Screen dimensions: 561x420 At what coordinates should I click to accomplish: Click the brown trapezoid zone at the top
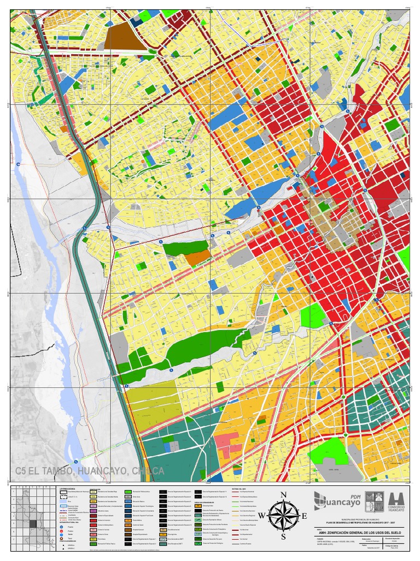(126, 37)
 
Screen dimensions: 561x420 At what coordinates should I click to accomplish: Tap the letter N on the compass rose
(283, 495)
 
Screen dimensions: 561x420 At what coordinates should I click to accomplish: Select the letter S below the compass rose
(283, 537)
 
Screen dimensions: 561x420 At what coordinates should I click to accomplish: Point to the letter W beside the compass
(261, 516)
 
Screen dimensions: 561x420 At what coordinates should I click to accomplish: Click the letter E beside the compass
(305, 516)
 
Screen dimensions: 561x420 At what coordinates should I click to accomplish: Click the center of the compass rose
(283, 516)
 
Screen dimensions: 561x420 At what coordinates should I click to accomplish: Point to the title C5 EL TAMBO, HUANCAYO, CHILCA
(90, 471)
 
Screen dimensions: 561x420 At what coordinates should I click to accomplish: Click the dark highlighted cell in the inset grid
(33, 523)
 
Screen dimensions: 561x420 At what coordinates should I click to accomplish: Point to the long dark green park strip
(186, 351)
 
